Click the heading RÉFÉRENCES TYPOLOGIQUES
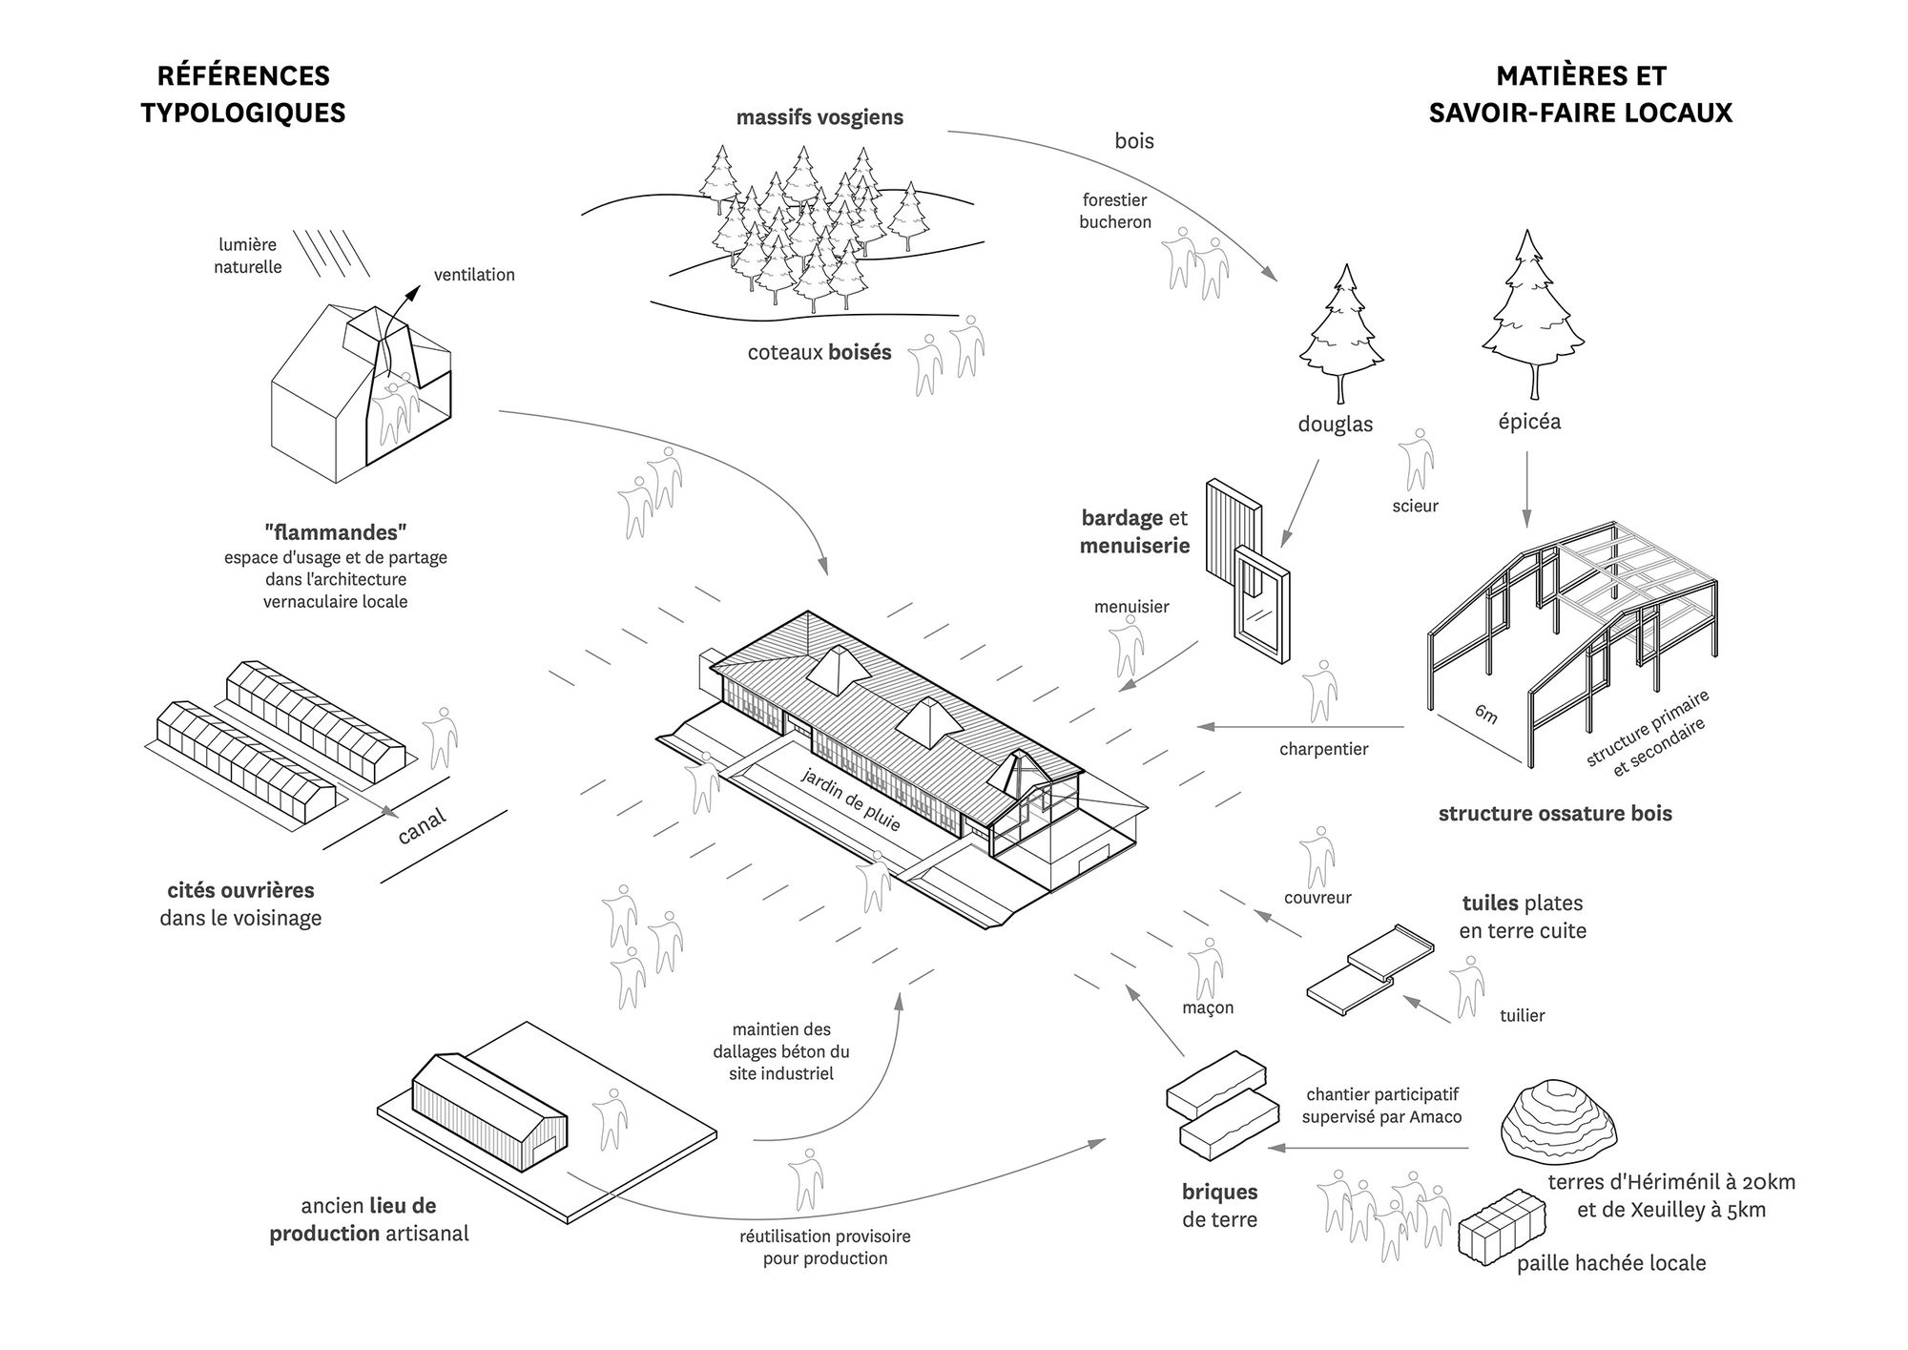[243, 94]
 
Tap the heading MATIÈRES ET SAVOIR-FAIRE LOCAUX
[1580, 94]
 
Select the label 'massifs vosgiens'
[819, 118]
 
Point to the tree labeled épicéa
[1532, 315]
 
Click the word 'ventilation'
[474, 275]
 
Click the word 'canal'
[422, 827]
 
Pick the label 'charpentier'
[1323, 750]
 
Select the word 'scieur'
[1415, 507]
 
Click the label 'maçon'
[1208, 1007]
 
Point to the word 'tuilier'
[1522, 1016]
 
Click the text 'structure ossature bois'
[1555, 814]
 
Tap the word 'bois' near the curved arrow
[1134, 141]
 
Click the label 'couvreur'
[1317, 898]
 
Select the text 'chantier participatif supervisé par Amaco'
[1382, 1106]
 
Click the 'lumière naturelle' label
[248, 256]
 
